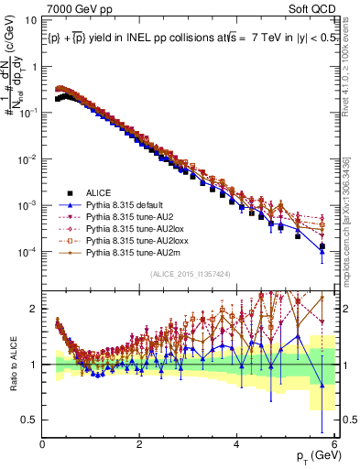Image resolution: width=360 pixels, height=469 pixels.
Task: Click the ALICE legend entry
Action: pos(98,192)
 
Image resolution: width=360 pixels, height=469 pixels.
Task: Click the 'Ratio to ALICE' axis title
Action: pos(12,365)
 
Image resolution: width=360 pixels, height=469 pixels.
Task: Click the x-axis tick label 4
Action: pos(237,443)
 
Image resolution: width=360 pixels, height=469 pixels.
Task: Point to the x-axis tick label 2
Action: pos(140,443)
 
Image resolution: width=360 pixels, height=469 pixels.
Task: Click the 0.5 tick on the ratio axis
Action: pos(29,420)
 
